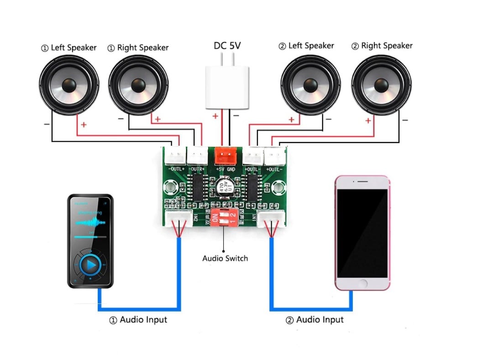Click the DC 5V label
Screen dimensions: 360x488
click(x=227, y=46)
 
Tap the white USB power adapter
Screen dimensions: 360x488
click(x=227, y=87)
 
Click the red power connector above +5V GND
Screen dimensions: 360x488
click(x=224, y=155)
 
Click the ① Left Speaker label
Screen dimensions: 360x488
click(x=69, y=48)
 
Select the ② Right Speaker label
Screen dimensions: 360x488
click(x=382, y=46)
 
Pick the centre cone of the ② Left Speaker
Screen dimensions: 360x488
click(x=310, y=85)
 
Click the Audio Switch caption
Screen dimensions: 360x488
click(x=225, y=258)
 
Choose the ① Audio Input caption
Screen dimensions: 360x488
click(x=138, y=320)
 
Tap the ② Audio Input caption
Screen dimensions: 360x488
click(x=315, y=320)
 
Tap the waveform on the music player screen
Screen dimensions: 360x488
click(x=90, y=222)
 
